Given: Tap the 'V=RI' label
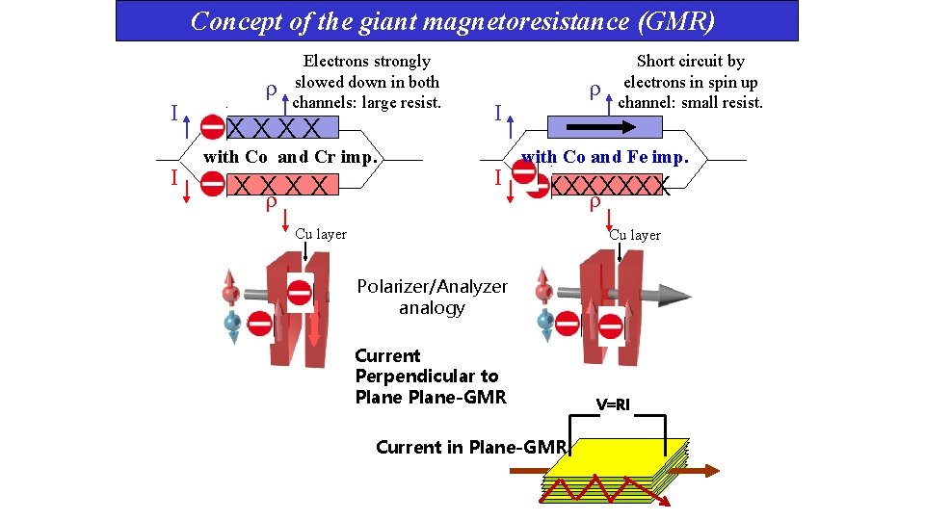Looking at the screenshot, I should [x=612, y=404].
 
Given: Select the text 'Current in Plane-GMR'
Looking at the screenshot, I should [x=470, y=447].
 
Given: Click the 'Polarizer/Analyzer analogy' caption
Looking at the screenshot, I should [x=432, y=298].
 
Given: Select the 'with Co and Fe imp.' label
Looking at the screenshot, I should [x=604, y=156].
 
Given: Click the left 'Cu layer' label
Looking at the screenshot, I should [x=321, y=234].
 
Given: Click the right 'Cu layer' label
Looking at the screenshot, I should [x=635, y=235].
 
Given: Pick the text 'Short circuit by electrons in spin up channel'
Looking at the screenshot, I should [x=690, y=82].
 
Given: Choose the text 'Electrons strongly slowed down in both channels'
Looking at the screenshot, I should [x=366, y=82].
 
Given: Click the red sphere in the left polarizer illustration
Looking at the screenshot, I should [x=230, y=293].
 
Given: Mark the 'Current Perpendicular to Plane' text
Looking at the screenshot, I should [x=430, y=377].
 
